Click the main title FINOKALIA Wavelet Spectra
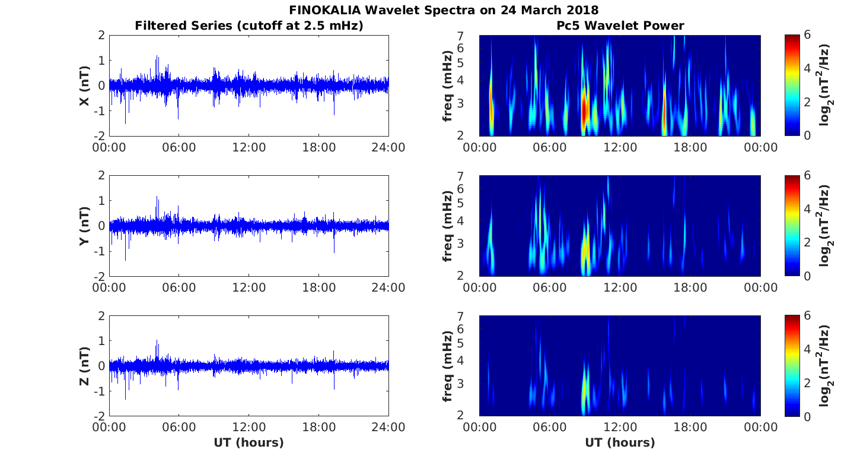(x=444, y=10)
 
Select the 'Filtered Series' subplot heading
(x=249, y=26)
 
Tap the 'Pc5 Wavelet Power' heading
(x=620, y=26)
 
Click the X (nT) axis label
(x=85, y=86)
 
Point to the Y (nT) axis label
(x=85, y=226)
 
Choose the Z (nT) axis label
(x=85, y=366)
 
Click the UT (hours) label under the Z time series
(x=249, y=442)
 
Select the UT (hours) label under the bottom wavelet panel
(x=620, y=442)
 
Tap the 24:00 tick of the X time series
(x=388, y=147)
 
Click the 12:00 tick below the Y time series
(x=249, y=287)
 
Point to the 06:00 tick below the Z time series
(x=179, y=428)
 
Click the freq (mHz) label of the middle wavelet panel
(x=448, y=226)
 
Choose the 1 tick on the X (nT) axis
(x=102, y=61)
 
